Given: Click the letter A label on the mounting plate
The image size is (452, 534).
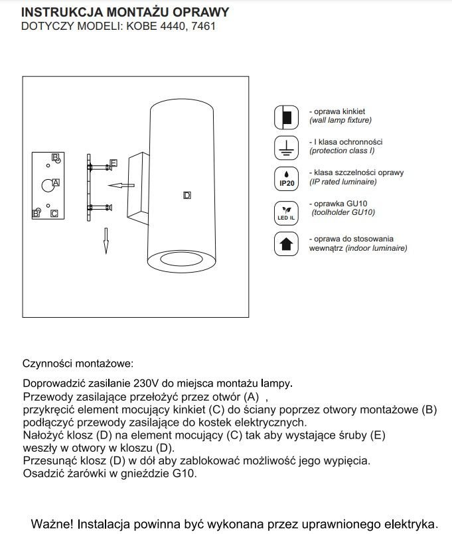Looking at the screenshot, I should coord(56,182).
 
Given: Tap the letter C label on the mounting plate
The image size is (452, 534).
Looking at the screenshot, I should coord(54,213).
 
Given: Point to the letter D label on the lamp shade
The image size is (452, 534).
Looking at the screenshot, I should coord(187,195).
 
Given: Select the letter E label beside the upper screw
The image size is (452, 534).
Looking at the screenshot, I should coord(113,163).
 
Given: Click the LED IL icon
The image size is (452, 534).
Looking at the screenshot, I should coord(287,212).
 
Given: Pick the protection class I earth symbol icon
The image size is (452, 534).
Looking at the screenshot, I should coord(287,147).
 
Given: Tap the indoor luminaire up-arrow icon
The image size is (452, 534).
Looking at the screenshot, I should coord(287,243).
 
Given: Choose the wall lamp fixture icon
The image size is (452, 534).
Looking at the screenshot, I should coord(287,117).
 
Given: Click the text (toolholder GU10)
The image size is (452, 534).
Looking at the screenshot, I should coord(342,213).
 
